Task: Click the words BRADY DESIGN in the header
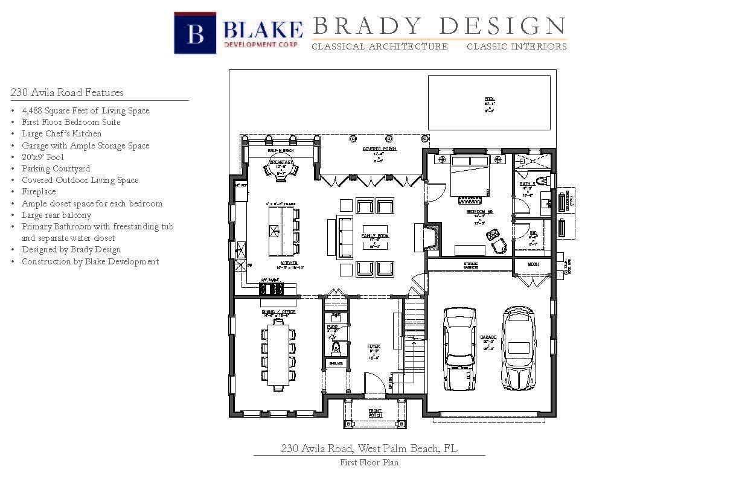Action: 439,26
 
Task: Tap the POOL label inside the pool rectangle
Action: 489,98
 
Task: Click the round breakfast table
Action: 281,168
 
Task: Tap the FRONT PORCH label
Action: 375,413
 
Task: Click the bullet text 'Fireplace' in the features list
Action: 39,192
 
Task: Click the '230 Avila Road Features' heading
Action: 67,93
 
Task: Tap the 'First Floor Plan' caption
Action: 369,463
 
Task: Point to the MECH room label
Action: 533,264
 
